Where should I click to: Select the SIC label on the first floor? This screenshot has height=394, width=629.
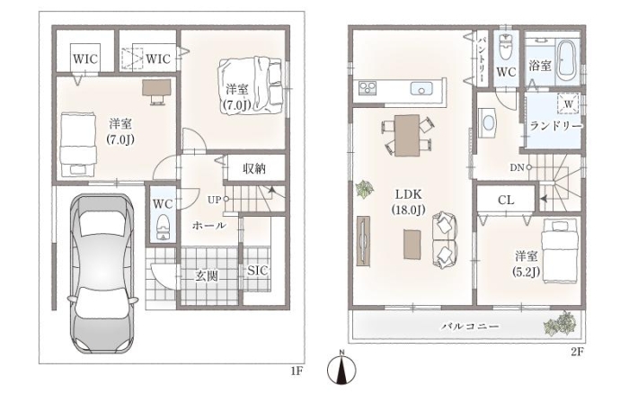pos(257,271)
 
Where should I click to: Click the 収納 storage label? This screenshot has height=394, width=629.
pos(253,167)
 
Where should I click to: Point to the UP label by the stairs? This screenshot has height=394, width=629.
pos(215,199)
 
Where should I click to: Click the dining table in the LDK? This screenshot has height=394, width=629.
pos(407,135)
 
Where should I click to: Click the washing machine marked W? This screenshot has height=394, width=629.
pos(568,102)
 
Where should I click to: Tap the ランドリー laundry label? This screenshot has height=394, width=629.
pos(555,127)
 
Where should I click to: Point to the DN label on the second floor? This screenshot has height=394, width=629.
pos(517,168)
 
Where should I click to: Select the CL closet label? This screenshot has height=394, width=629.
pos(506,200)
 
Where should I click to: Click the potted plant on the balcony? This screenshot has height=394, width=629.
pos(564,322)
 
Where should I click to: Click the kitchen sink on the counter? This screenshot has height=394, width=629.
pos(421,88)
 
